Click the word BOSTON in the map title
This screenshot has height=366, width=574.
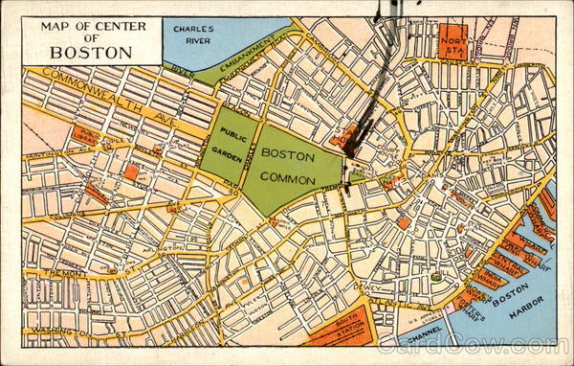[91, 52]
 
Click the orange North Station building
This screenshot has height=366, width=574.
[453, 43]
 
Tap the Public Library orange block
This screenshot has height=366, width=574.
[87, 136]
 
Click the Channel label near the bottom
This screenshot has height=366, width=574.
[424, 338]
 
